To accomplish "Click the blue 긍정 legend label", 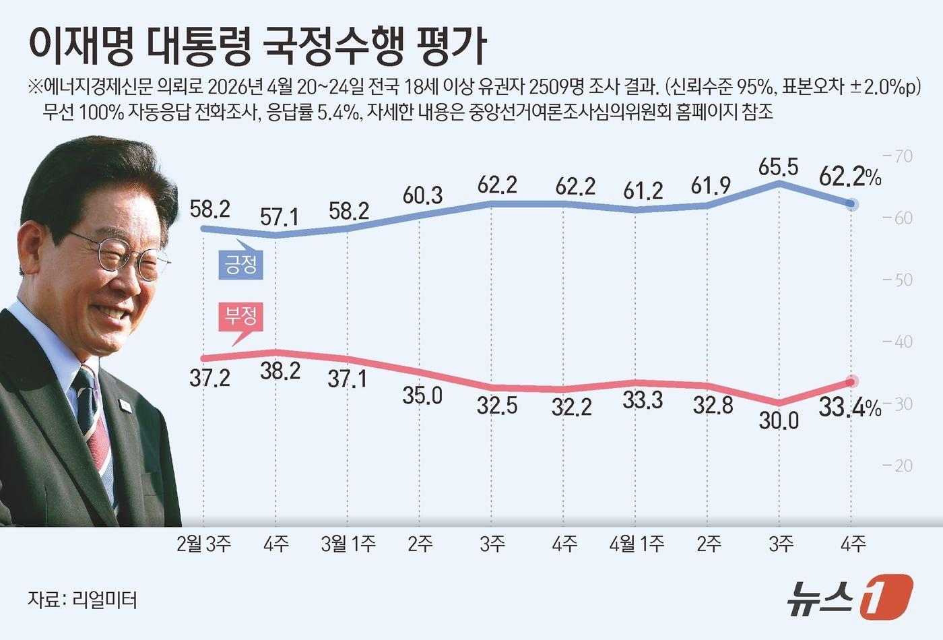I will pyautogui.click(x=240, y=264).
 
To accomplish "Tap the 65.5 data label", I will pyautogui.click(x=778, y=166).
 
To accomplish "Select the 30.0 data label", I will pyautogui.click(x=779, y=420).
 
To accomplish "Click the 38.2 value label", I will pyautogui.click(x=280, y=370).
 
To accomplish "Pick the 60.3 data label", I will pyautogui.click(x=422, y=195).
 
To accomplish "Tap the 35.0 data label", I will pyautogui.click(x=422, y=395).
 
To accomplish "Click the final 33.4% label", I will pyautogui.click(x=849, y=408).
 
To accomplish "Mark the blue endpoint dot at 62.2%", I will pyautogui.click(x=851, y=204).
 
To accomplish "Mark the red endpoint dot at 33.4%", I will pyautogui.click(x=851, y=382).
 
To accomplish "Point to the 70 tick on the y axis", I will pyautogui.click(x=899, y=156).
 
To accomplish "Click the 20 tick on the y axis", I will pyautogui.click(x=899, y=466).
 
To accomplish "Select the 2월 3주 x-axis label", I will pyautogui.click(x=203, y=544).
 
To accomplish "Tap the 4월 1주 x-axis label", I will pyautogui.click(x=636, y=544).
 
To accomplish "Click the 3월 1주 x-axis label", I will pyautogui.click(x=348, y=544).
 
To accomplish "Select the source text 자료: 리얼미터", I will pyautogui.click(x=82, y=599).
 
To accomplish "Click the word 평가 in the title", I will pyautogui.click(x=452, y=46).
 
